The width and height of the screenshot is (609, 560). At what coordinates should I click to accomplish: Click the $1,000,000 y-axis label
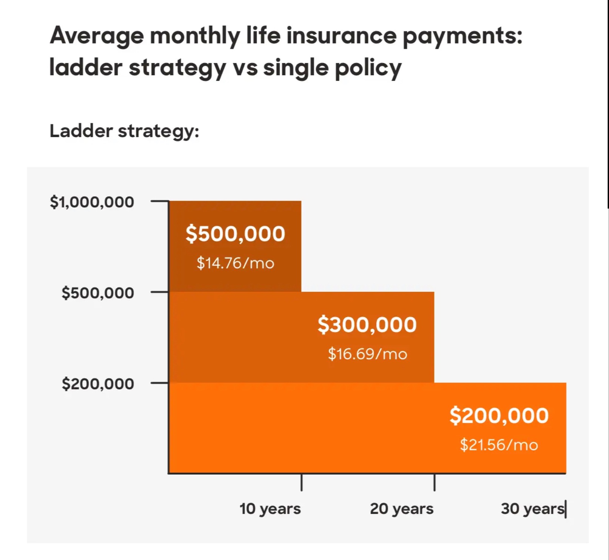[x=92, y=202]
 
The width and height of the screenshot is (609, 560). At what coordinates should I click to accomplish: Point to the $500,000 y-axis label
[x=98, y=293]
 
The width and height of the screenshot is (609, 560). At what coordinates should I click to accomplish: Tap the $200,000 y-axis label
[x=98, y=384]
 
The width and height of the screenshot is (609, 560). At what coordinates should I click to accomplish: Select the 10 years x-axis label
[x=270, y=509]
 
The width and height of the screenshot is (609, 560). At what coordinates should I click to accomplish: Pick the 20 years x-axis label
[x=402, y=509]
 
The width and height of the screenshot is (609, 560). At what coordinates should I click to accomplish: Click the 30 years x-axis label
[x=532, y=509]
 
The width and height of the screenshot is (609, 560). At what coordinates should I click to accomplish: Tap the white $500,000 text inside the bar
[x=235, y=234]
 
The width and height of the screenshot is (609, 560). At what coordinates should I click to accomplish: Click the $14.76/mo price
[x=235, y=263]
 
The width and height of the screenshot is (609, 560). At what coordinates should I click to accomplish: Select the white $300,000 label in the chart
[x=367, y=325]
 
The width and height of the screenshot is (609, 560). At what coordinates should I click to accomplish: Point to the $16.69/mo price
[x=367, y=354]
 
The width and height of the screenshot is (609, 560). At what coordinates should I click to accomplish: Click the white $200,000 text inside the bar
[x=499, y=415]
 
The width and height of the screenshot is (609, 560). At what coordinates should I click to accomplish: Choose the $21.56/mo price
[x=499, y=445]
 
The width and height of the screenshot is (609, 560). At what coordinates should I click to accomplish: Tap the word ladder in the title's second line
[x=86, y=68]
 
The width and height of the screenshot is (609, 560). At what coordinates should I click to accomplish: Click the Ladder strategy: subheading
[x=124, y=131]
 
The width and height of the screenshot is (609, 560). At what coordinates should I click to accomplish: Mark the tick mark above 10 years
[x=301, y=483]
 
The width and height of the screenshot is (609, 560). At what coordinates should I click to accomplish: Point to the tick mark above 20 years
[x=434, y=483]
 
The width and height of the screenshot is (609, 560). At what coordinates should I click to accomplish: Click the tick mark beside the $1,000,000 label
[x=159, y=201]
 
